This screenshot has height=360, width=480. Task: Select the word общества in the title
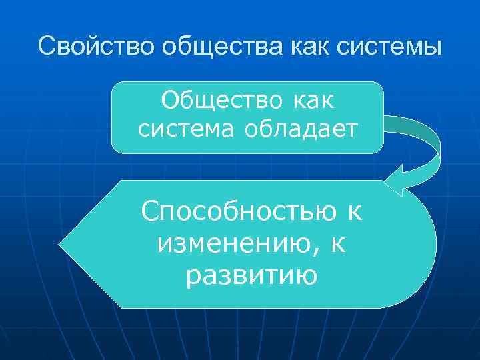pos(208,47)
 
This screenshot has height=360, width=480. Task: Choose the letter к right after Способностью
pos(352,213)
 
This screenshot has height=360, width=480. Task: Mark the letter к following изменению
pos(338,243)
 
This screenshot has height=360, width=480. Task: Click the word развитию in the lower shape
pos(251,275)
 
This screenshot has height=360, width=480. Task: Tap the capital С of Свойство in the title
pos(46,47)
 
